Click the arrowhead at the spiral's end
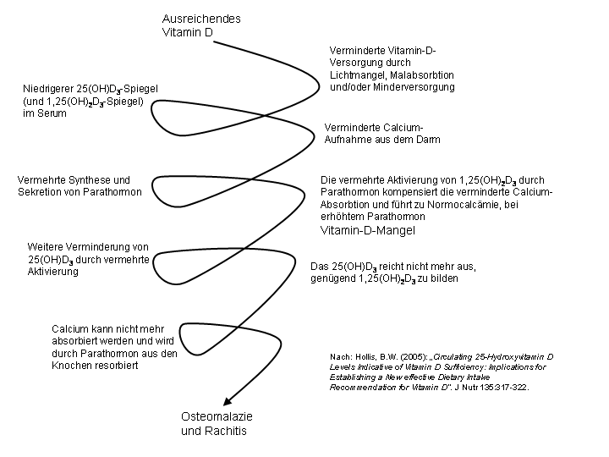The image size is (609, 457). pyautogui.click(x=228, y=401)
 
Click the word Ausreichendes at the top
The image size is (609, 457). pyautogui.click(x=201, y=19)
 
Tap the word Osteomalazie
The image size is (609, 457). pyautogui.click(x=217, y=416)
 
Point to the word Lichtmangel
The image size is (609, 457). pyautogui.click(x=358, y=75)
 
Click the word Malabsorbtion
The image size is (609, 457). pyautogui.click(x=422, y=74)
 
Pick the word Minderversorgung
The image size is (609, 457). pyautogui.click(x=414, y=86)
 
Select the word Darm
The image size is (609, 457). pyautogui.click(x=429, y=140)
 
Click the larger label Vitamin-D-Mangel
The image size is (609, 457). pyautogui.click(x=367, y=230)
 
